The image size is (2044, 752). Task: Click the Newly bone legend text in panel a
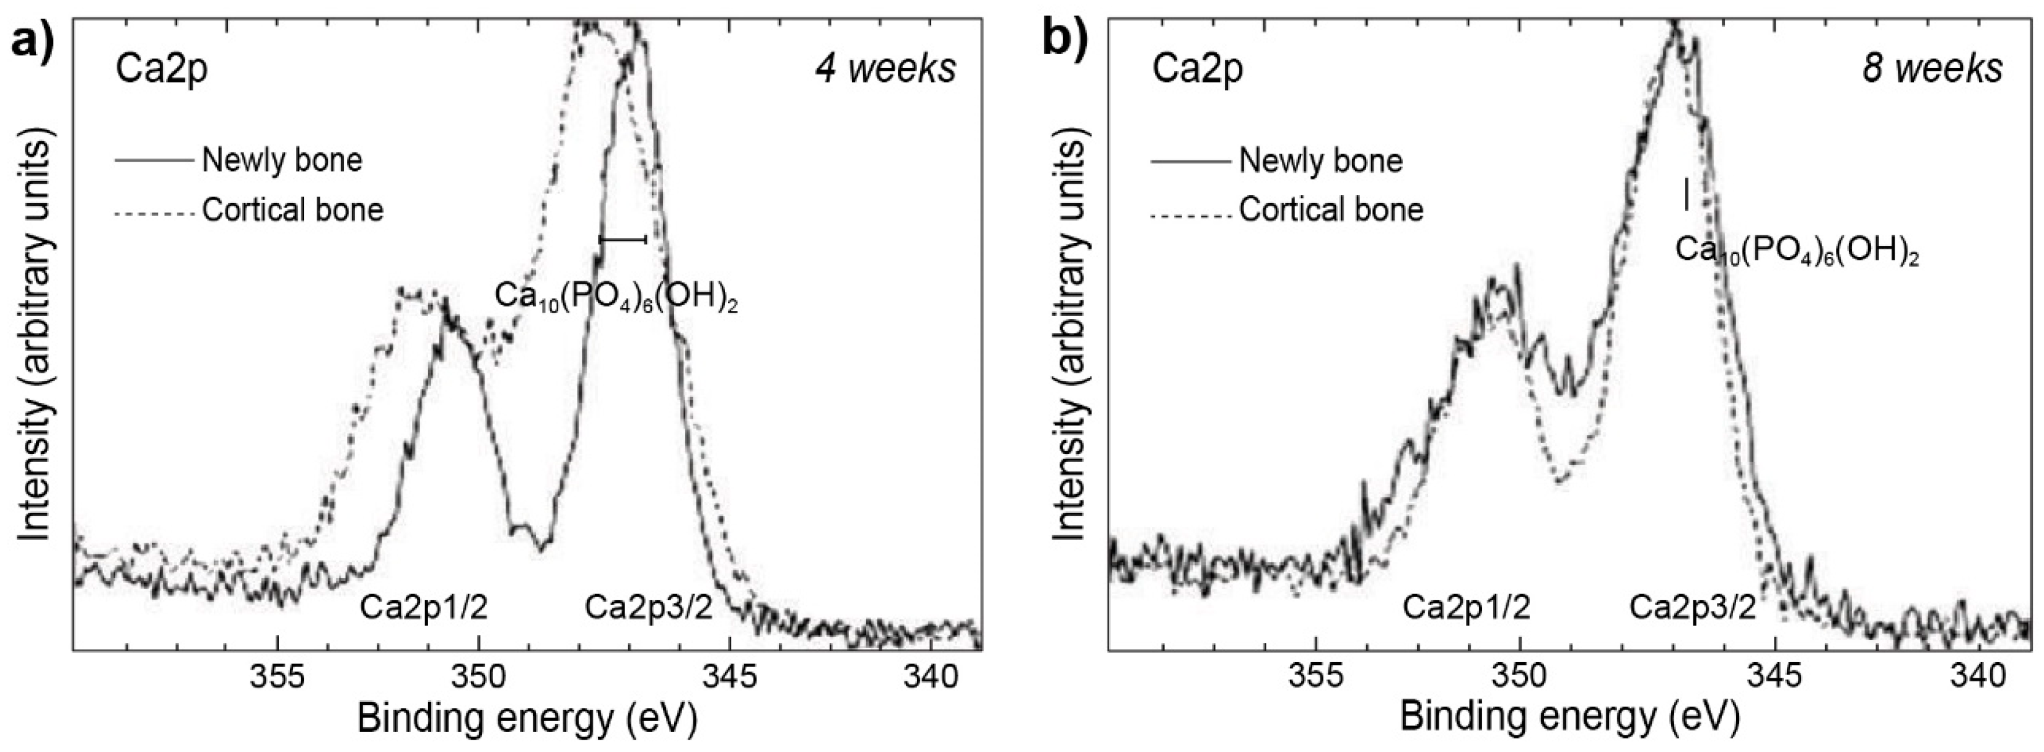282,160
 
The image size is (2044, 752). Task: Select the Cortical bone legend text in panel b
1331,209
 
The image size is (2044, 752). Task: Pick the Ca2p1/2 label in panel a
423,608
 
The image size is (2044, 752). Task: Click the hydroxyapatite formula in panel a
616,296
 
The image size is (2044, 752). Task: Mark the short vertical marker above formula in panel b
1686,195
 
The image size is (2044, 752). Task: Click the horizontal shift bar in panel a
623,238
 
